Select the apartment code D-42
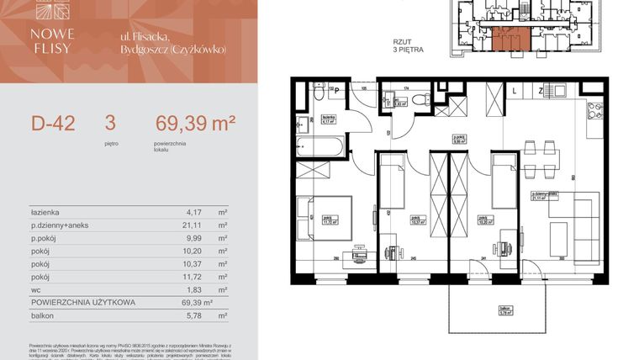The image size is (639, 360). pos(53,124)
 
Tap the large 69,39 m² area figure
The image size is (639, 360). pos(194,124)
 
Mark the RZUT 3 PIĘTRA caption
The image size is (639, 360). pos(408,45)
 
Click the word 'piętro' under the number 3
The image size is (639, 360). pos(110,143)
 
